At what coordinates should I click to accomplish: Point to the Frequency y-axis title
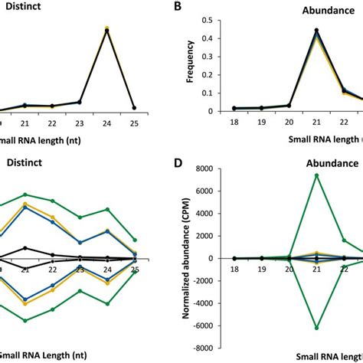[201, 64]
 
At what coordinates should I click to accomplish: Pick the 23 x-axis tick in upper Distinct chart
[80, 121]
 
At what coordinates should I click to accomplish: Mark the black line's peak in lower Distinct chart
[27, 247]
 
